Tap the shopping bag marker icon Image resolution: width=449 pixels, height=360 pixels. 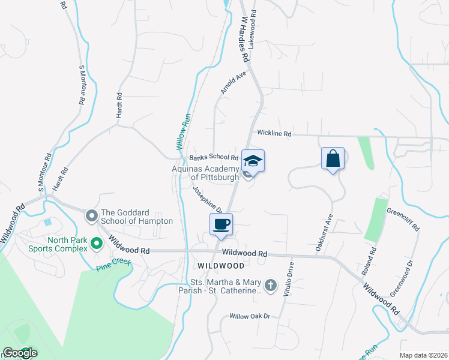(333, 159)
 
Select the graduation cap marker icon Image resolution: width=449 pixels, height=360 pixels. (253, 161)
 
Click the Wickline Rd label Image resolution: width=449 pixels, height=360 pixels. (274, 134)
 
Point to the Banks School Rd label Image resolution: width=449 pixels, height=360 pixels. (214, 158)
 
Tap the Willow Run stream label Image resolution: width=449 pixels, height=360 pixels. (182, 130)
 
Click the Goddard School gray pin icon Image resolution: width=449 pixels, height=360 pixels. (92, 215)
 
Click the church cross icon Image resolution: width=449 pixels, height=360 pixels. (271, 286)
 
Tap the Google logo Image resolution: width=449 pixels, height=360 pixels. (19, 353)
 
